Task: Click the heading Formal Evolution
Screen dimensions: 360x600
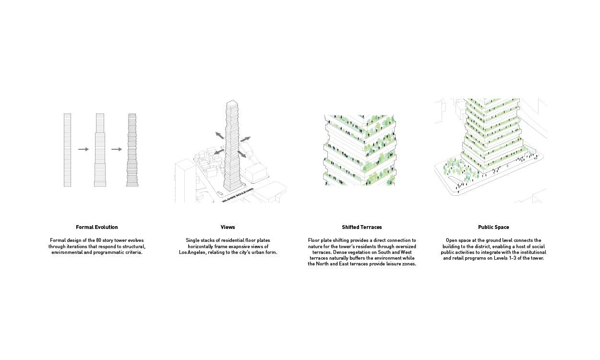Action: pos(96,227)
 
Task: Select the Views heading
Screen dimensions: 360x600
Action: pos(228,227)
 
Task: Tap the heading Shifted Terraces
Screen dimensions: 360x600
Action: pos(362,227)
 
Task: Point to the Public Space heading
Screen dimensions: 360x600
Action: pos(493,227)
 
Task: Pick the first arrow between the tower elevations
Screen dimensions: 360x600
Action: pos(84,149)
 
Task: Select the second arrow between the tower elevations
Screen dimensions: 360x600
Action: pos(116,149)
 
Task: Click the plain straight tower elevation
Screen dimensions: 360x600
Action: pos(67,150)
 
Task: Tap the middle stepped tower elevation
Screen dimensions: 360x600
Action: pos(100,150)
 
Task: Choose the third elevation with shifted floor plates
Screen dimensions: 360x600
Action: pos(132,150)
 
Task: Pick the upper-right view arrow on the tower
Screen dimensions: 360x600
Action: pos(245,139)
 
